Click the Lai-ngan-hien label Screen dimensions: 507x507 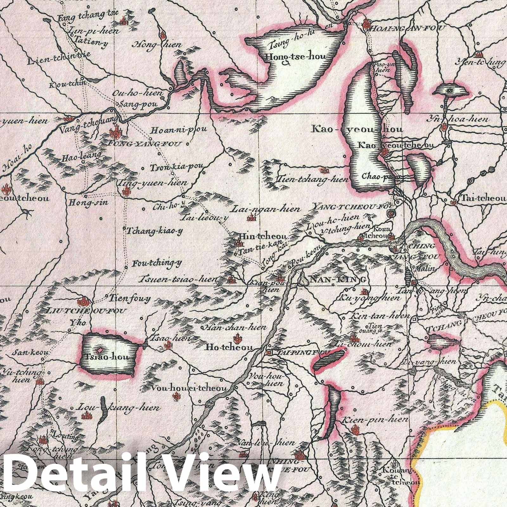tap(266, 209)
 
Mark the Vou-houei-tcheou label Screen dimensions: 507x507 tap(189, 389)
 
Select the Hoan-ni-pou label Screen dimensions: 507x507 tap(179, 129)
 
